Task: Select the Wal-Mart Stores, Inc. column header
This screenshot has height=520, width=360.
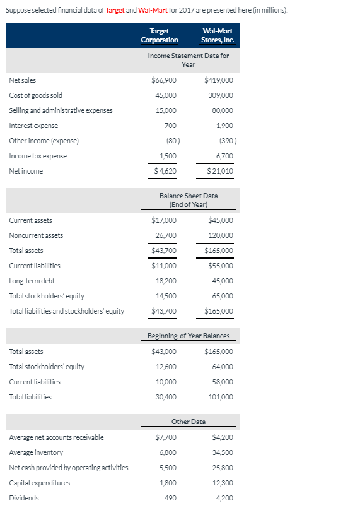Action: tap(217, 35)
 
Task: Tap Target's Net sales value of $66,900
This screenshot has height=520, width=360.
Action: tap(165, 80)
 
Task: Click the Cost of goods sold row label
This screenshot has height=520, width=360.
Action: tap(35, 95)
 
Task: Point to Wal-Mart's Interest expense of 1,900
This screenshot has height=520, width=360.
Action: tap(224, 126)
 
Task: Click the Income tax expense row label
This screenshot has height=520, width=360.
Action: tap(38, 156)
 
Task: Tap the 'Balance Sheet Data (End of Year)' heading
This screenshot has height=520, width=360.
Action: tap(189, 200)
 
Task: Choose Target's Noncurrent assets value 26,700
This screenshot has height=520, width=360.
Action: tap(166, 235)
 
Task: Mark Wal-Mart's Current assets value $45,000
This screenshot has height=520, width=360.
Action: tap(220, 220)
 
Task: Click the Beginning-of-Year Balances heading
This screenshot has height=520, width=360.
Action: tap(189, 336)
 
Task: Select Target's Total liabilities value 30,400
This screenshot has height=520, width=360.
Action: tap(166, 397)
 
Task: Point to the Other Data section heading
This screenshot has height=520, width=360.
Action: tap(189, 422)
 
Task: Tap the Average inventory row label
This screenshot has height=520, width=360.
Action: tap(36, 452)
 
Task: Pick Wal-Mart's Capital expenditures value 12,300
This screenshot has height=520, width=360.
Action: tap(222, 483)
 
